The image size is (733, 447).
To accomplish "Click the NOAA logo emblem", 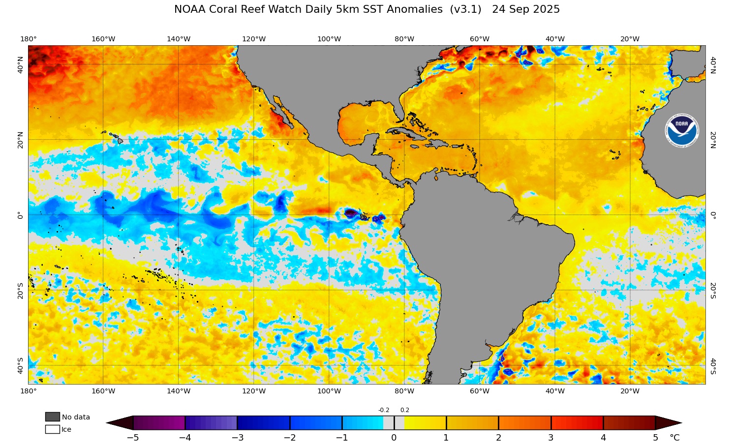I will (x=681, y=131).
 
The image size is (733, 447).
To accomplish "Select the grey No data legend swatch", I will (x=52, y=417).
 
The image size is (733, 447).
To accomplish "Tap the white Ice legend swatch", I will (x=52, y=429).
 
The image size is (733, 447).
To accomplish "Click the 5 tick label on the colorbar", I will (x=655, y=438).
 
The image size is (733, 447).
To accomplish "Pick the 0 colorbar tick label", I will (x=394, y=438).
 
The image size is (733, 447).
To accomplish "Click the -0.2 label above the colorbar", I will (x=384, y=410).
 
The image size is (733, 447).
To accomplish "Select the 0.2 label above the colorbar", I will (x=404, y=410).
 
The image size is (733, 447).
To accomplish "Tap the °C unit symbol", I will (x=674, y=438).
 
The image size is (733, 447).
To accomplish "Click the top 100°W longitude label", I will (x=329, y=39).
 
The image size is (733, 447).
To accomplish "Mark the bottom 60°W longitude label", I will (x=479, y=391).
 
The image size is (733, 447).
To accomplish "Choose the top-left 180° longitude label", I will (x=28, y=39).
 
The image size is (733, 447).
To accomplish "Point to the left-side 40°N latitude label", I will (x=20, y=64).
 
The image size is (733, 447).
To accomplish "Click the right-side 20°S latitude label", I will (x=713, y=290).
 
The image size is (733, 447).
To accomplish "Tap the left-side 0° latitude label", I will (x=20, y=215).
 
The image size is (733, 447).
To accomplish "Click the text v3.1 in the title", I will (x=465, y=9).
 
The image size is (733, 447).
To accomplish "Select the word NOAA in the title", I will (x=189, y=9).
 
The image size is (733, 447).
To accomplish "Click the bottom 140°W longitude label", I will (x=179, y=391).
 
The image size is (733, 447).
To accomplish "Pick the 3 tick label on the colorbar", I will (x=550, y=438).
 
